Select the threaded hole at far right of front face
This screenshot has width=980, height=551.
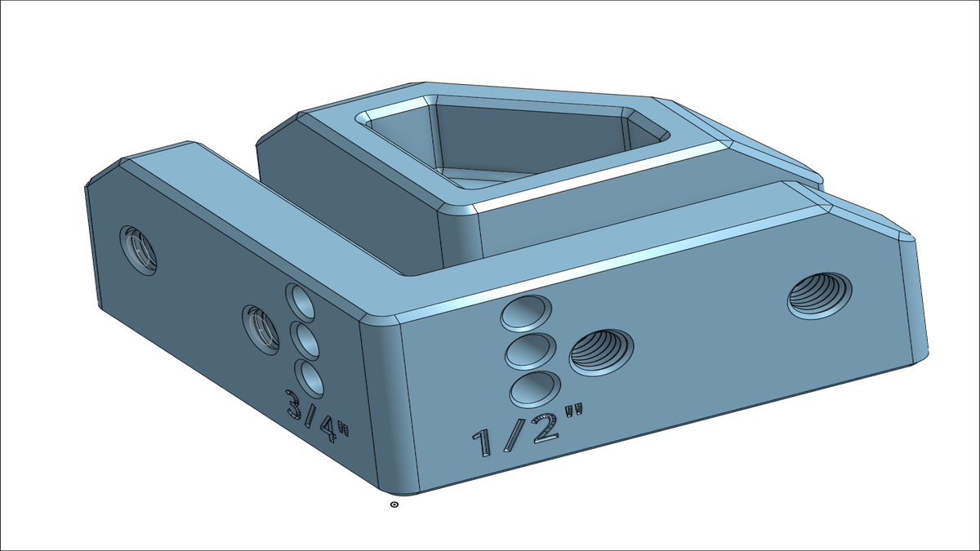pyautogui.click(x=820, y=294)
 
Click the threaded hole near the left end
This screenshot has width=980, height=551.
pyautogui.click(x=139, y=249)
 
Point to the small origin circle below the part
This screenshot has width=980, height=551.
pyautogui.click(x=395, y=505)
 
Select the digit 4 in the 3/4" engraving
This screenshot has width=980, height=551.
pyautogui.click(x=329, y=427)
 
